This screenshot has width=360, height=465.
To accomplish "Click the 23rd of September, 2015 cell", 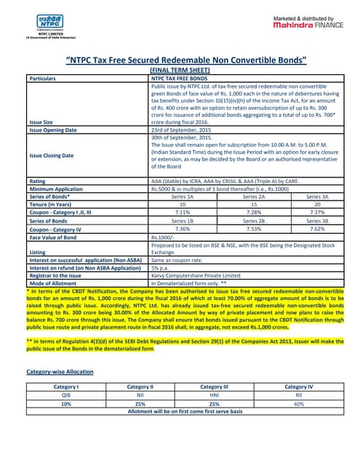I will (181, 130).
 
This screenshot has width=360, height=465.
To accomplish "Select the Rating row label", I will (36, 180).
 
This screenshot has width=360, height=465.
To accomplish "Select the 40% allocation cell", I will (299, 403).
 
